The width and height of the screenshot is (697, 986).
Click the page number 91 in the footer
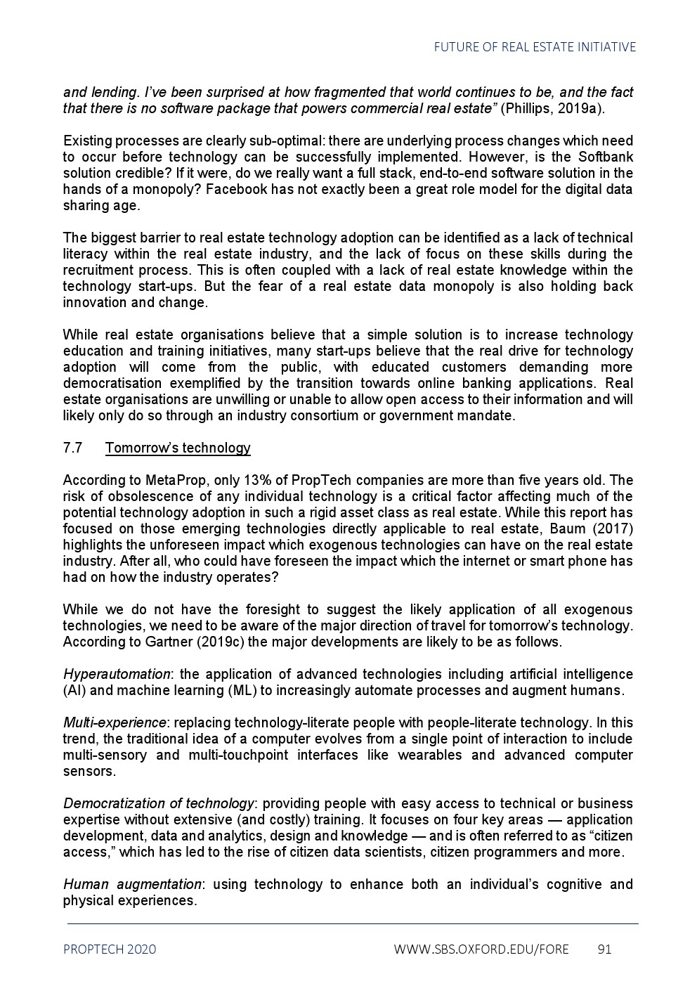pos(604,949)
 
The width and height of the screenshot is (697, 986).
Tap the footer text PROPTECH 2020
pos(110,949)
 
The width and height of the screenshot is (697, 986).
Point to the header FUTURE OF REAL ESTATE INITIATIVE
pos(535,47)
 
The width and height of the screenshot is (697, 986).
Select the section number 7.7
pos(72,448)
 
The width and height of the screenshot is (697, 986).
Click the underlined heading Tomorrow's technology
pos(178,448)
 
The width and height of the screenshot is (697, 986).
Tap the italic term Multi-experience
pos(115,723)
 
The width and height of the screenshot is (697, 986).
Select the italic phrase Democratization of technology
pos(158,804)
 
